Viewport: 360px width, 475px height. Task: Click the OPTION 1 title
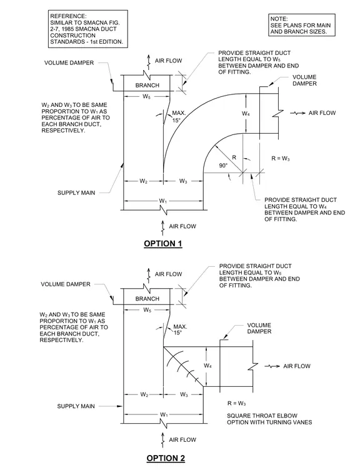pyautogui.click(x=163, y=244)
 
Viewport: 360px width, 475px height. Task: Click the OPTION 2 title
pyautogui.click(x=166, y=458)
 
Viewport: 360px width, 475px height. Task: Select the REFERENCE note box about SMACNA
pyautogui.click(x=88, y=29)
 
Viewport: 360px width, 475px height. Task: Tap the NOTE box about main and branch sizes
pyautogui.click(x=301, y=25)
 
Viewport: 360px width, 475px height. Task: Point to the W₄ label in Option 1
pyautogui.click(x=246, y=114)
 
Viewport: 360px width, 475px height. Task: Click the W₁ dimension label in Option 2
pyautogui.click(x=164, y=414)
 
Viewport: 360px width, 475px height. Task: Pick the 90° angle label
pyautogui.click(x=223, y=166)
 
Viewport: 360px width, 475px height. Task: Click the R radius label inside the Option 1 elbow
pyautogui.click(x=234, y=157)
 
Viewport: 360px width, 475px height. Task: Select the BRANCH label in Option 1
pyautogui.click(x=147, y=86)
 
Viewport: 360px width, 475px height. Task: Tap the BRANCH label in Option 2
pyautogui.click(x=147, y=299)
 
